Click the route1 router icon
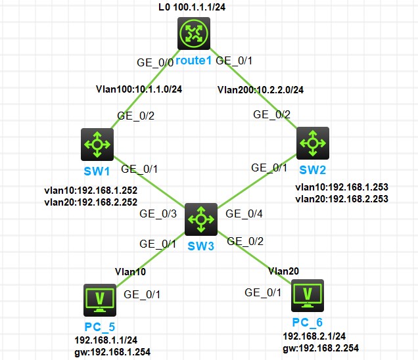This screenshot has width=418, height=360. [x=195, y=35]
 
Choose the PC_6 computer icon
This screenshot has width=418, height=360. [x=307, y=296]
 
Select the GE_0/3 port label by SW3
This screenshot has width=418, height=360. [x=158, y=213]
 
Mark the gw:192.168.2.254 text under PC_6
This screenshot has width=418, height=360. [x=320, y=348]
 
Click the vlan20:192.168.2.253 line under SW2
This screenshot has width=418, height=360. [x=342, y=198]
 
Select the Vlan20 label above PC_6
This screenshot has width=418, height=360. [x=282, y=270]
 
